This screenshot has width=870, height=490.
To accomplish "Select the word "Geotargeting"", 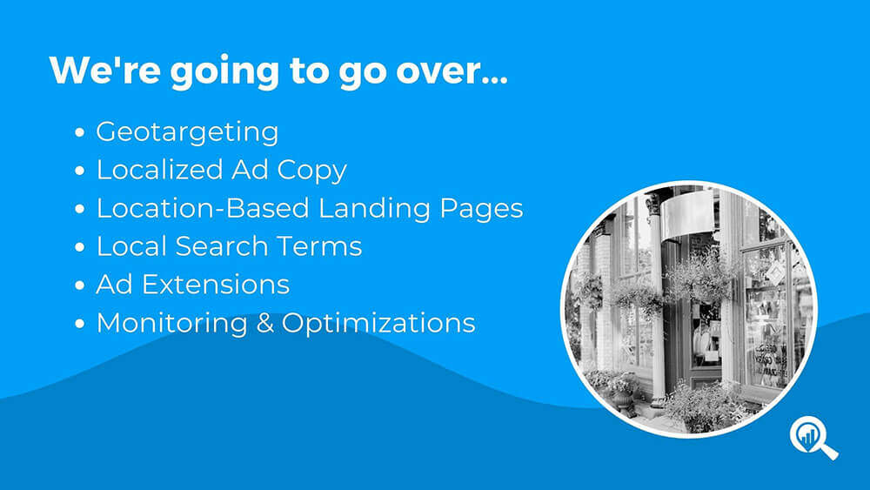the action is (x=187, y=132).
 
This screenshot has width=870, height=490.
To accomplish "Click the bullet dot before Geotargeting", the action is (x=80, y=132).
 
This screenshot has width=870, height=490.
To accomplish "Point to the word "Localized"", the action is (x=160, y=169).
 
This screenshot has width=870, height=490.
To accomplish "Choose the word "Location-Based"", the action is (x=203, y=208).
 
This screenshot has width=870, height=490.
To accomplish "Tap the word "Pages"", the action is (x=481, y=210).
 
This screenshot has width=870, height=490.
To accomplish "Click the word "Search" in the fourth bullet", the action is (x=221, y=246).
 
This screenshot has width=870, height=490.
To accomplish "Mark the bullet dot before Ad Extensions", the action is (x=80, y=285).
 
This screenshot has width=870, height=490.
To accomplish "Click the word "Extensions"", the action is (x=216, y=285).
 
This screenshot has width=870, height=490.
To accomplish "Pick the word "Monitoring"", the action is (x=172, y=324).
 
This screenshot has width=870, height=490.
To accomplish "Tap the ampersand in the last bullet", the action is (x=265, y=324).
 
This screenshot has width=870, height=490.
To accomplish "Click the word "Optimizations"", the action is (x=378, y=324).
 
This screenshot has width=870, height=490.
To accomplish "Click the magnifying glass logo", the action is (x=813, y=438).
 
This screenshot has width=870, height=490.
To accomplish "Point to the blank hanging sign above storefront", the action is (x=687, y=213).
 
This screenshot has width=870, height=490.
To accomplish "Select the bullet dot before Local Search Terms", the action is (x=80, y=247).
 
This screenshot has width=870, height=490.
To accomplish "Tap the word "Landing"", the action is (x=374, y=210).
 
